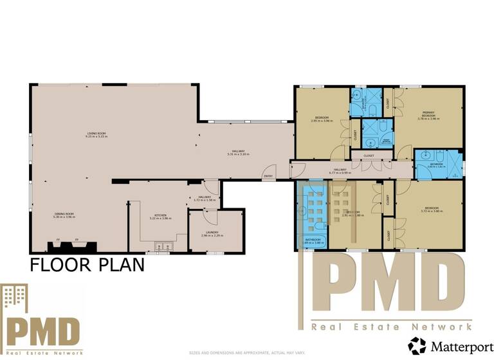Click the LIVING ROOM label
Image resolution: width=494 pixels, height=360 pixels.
coord(98,134)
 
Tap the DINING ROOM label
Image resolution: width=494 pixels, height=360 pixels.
coord(64,213)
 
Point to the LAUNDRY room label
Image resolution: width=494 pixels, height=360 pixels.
coord(212,232)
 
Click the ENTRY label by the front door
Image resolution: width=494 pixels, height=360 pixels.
coord(268,176)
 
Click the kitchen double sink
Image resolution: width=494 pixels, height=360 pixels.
coord(161,245)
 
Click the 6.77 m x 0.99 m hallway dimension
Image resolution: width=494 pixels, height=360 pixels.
coord(339,172)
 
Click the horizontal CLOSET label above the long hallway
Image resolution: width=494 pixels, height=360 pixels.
coord(369,156)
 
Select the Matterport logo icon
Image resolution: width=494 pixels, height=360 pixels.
coord(417,346)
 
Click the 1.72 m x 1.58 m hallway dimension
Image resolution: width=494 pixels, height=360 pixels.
coord(205,201)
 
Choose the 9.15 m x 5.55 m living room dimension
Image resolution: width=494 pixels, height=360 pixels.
coord(98,138)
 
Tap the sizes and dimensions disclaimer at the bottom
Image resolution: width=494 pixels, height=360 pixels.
coord(247,353)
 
